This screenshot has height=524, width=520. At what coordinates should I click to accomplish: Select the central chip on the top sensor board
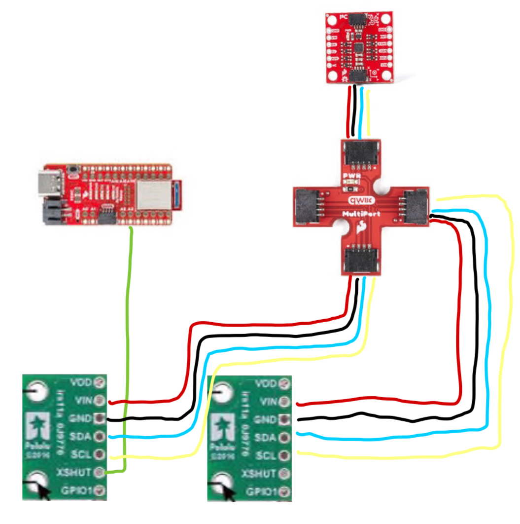tap(359, 47)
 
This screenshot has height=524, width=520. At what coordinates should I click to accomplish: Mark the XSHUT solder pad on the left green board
tap(101, 472)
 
